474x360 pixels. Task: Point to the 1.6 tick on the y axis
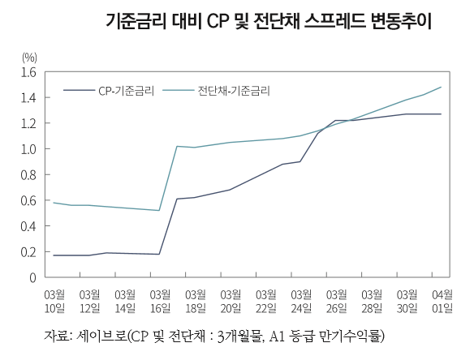[x=28, y=72]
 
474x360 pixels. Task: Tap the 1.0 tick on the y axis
[x=28, y=149]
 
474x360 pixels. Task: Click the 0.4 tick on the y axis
[x=28, y=226]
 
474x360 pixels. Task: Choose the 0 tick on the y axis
[x=32, y=277]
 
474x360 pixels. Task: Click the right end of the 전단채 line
[x=441, y=87]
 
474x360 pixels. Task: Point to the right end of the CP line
[x=441, y=114]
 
